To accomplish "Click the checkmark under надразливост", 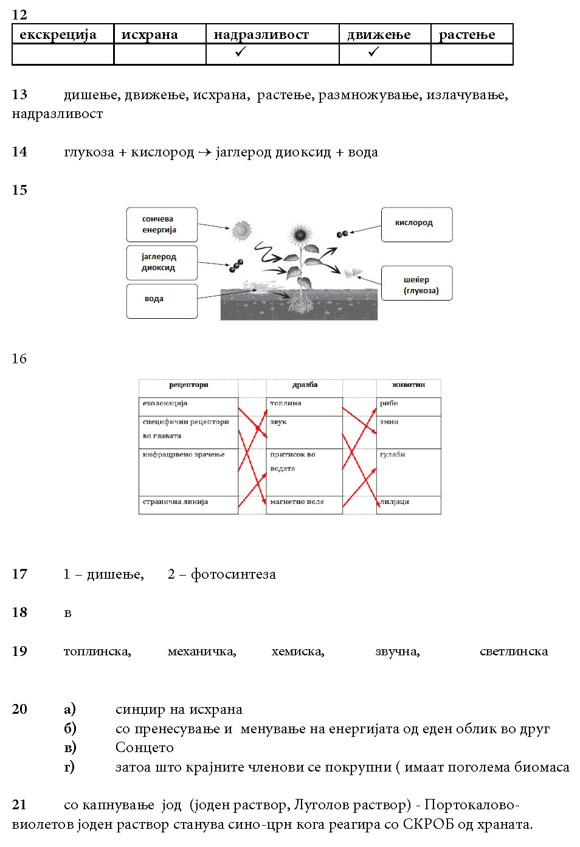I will coord(240,52).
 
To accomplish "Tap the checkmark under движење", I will coord(373,52).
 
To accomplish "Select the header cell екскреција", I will coord(58,35).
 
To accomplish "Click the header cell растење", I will coord(467,35).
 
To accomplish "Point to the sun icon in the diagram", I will coord(241,230).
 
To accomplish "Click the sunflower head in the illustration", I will coord(300,234).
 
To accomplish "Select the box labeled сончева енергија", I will coord(162,225).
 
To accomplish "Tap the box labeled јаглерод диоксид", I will coord(162,262).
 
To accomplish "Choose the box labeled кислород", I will coord(416,224).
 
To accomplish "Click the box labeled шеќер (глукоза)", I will coord(416,284).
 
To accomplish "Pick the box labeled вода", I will coord(162,300).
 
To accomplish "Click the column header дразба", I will coord(305,385).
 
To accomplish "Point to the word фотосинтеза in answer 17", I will coord(233,574).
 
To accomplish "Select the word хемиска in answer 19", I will coord(297,652).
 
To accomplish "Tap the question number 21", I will coord(19,805).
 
